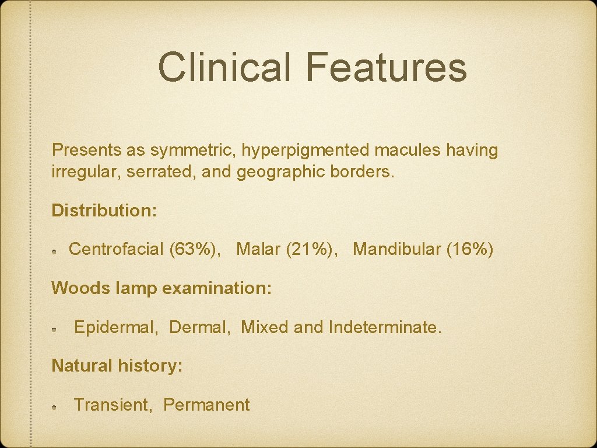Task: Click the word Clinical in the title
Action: point(224,67)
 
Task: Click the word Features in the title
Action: point(385,67)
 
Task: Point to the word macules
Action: point(408,150)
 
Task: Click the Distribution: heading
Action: point(104,211)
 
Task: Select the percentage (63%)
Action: point(195,250)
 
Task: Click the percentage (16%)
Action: point(470,250)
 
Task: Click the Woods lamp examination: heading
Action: point(161,288)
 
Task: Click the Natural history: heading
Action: point(117,366)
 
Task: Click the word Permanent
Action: point(206,405)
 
